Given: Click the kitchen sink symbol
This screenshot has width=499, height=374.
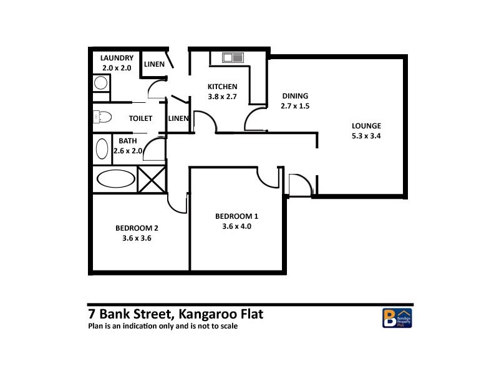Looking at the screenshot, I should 233,58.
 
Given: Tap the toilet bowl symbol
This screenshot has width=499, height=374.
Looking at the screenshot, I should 102,117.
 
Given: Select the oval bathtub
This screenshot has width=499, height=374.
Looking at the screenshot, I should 115,179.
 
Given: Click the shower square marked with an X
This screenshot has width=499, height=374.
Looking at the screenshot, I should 152,179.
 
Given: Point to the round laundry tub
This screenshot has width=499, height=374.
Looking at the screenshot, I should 100,82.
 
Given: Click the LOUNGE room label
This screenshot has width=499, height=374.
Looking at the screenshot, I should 366,125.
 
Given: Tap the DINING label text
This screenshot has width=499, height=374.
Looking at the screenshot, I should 295,96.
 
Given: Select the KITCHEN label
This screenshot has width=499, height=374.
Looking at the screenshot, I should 222,87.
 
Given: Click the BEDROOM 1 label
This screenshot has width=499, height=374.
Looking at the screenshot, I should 236,216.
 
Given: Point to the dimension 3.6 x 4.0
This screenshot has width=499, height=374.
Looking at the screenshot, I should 236,226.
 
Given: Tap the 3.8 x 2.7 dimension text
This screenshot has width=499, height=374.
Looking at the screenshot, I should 222,97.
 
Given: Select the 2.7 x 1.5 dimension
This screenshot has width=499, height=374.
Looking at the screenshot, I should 295,106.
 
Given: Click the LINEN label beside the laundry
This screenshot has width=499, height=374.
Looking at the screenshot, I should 154,64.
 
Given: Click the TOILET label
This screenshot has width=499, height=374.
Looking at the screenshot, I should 140,118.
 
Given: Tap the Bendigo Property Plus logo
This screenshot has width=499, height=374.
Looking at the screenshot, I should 397,317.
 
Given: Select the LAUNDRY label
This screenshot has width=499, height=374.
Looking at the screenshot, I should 117,59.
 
